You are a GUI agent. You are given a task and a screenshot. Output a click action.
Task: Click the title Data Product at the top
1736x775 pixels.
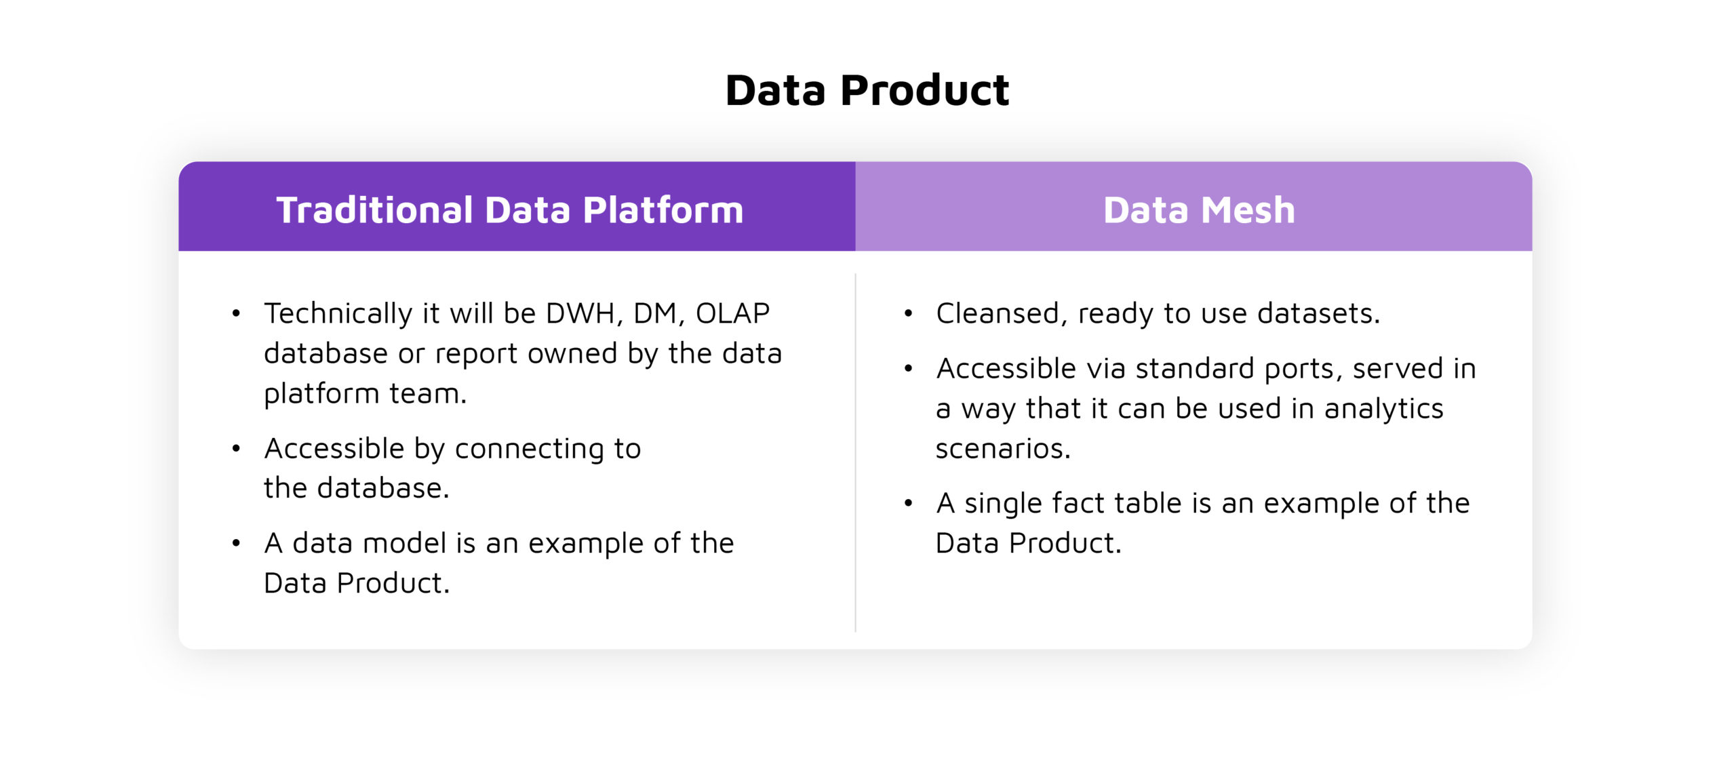click(867, 90)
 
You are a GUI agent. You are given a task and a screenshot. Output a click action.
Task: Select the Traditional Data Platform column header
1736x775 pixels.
click(510, 210)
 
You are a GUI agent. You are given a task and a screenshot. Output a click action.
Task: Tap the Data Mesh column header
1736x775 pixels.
click(1198, 210)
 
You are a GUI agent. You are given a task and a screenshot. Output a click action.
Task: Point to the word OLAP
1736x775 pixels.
click(732, 313)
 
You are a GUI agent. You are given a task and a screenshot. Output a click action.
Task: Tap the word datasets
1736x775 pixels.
click(1318, 314)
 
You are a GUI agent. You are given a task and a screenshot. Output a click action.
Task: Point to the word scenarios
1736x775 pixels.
click(1002, 448)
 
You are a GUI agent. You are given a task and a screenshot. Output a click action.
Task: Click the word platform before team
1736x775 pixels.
click(321, 394)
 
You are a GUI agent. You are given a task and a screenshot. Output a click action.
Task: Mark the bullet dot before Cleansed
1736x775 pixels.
click(908, 313)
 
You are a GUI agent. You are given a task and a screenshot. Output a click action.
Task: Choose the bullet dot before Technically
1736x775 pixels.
click(236, 313)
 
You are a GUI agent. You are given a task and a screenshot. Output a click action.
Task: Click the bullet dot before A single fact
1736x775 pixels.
click(908, 503)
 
